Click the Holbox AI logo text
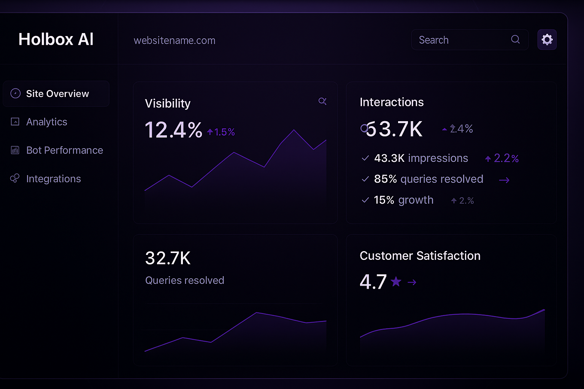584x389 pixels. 56,40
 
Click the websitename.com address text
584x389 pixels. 175,40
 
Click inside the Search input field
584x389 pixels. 460,40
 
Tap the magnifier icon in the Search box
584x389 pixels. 515,40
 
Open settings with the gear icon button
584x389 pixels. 547,40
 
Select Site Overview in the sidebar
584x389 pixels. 57,94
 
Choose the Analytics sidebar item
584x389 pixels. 46,122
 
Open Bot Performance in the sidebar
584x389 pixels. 64,150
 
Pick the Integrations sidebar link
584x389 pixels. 53,179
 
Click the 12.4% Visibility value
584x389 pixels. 173,130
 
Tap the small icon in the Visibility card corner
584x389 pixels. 322,101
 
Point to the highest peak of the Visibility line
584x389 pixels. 294,130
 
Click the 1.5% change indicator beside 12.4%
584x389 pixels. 221,132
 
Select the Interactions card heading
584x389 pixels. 392,102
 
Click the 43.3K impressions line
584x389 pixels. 421,158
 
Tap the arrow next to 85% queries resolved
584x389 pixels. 504,180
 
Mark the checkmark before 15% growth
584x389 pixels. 365,200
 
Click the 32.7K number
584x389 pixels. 168,258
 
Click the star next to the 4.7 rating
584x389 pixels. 396,281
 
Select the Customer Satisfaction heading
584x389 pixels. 420,256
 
